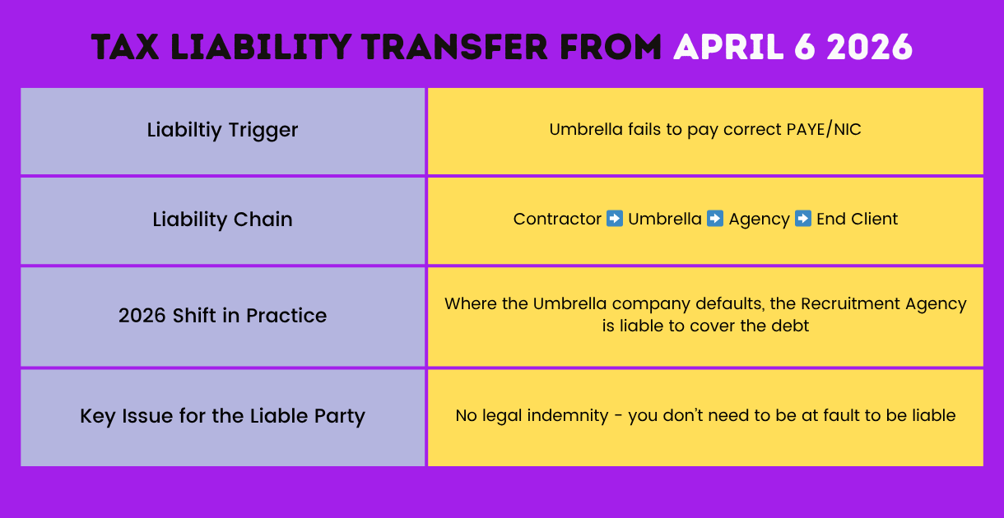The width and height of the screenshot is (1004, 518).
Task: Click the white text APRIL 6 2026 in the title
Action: click(793, 48)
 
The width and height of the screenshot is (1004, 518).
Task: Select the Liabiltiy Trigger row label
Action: click(222, 130)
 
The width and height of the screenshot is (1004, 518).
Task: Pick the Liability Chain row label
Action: click(222, 220)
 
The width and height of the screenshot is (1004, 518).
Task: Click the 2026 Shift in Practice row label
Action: click(222, 316)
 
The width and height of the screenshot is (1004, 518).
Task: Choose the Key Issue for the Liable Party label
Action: click(222, 416)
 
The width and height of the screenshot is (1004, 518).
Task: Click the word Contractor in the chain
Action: click(557, 220)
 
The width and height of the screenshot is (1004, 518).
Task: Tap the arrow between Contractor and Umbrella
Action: click(615, 219)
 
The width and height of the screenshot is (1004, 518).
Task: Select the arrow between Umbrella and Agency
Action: click(715, 219)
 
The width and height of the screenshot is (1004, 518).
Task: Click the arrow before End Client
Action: click(803, 219)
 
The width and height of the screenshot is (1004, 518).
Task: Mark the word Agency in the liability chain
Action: click(759, 220)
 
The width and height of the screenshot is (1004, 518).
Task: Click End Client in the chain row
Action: click(857, 220)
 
